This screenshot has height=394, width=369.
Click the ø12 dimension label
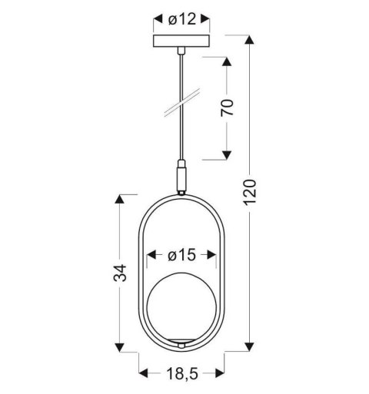[x=181, y=19]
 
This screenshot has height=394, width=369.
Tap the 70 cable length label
[x=228, y=107]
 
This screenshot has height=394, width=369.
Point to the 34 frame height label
[x=119, y=275]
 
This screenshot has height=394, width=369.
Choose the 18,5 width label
[x=181, y=376]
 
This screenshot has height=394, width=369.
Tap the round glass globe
[x=181, y=309]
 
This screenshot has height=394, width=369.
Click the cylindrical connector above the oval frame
[x=182, y=179]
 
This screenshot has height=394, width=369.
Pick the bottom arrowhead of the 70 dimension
[x=228, y=156]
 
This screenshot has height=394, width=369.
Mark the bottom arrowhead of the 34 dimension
[x=119, y=349]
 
